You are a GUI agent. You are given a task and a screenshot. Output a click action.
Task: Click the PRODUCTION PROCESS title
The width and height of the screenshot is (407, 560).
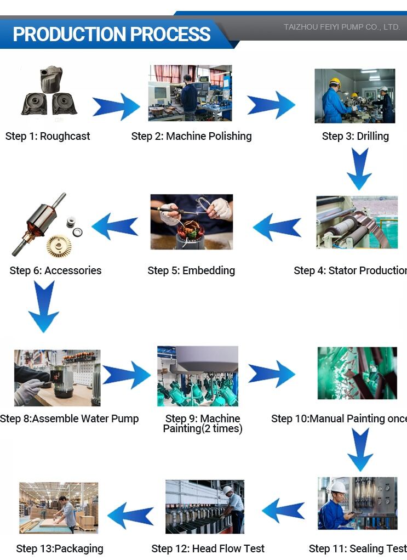click(112, 34)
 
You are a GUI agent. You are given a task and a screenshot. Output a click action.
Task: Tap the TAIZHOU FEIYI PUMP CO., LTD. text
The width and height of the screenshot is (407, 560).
click(342, 26)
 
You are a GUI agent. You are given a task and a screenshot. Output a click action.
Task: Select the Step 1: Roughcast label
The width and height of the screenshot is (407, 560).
click(48, 136)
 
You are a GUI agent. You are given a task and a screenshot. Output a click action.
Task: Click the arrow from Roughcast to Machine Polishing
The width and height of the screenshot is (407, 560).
click(116, 106)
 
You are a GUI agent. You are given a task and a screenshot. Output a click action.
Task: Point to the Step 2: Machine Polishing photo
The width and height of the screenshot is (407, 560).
click(190, 93)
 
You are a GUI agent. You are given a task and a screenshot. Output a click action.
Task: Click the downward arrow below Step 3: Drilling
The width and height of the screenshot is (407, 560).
click(359, 168)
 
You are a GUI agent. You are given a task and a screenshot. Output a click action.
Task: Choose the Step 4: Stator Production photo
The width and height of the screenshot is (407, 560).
click(357, 222)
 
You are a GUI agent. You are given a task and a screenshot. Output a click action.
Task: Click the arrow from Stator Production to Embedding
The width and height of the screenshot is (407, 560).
click(277, 227)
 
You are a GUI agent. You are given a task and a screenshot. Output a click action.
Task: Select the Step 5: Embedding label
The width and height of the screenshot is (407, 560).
click(191, 270)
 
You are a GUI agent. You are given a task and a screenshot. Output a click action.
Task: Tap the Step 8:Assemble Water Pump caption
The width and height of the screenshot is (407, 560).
click(70, 418)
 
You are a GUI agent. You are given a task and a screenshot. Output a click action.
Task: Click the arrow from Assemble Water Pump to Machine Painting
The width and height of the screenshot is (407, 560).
click(127, 375)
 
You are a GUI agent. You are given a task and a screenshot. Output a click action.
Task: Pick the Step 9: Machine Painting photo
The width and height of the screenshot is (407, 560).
click(197, 376)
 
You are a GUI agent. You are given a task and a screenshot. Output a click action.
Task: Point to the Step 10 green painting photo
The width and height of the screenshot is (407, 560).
click(357, 373)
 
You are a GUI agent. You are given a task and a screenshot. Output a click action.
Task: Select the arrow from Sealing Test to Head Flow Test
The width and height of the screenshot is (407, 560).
click(283, 510)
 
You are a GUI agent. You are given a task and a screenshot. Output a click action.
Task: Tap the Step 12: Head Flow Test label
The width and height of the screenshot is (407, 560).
click(208, 548)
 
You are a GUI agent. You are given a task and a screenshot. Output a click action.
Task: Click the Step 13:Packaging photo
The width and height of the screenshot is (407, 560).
click(59, 507)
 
